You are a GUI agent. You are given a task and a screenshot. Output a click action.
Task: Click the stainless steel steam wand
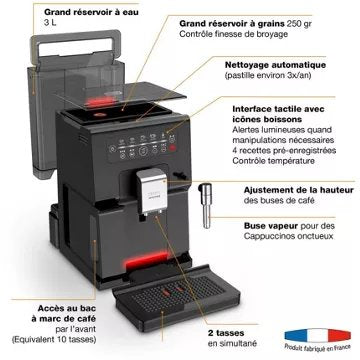[205, 215]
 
